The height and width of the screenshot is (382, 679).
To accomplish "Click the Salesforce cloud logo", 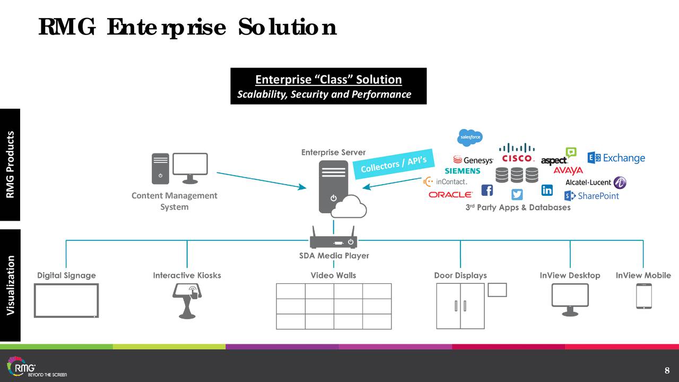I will pyautogui.click(x=470, y=137).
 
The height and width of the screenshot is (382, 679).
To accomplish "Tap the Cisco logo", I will pyautogui.click(x=517, y=153).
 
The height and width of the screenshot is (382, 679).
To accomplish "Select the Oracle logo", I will pyautogui.click(x=450, y=195).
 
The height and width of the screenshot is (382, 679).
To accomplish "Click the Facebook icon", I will pyautogui.click(x=486, y=190).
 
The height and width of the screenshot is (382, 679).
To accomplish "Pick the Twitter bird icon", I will pyautogui.click(x=517, y=194).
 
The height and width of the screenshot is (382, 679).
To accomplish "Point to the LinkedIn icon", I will pyautogui.click(x=547, y=190).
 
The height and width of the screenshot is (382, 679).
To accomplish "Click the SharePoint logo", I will pyautogui.click(x=591, y=196).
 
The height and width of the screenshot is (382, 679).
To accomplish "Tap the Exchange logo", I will pyautogui.click(x=616, y=158).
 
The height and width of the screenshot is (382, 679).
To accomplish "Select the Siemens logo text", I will pyautogui.click(x=462, y=171).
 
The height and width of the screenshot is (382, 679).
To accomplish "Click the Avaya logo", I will pyautogui.click(x=568, y=170).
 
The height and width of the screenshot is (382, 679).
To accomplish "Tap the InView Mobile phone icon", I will pyautogui.click(x=643, y=296).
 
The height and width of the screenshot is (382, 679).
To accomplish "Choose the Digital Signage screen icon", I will pyautogui.click(x=66, y=300).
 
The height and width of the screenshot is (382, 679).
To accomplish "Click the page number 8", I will pyautogui.click(x=667, y=370).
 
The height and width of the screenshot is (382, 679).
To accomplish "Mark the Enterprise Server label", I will pyautogui.click(x=333, y=152).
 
